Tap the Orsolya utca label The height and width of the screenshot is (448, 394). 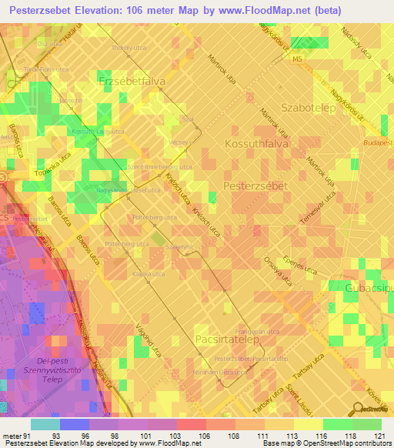point(277,269)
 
